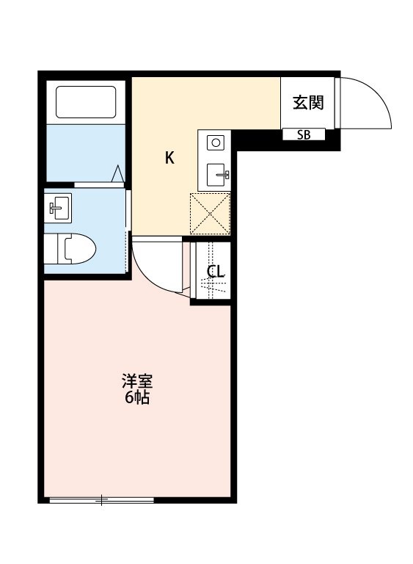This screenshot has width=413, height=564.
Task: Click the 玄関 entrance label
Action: point(308,103)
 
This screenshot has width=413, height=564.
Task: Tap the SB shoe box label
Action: point(304,135)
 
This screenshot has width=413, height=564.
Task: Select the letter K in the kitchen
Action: point(169,158)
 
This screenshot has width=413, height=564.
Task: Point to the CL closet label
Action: point(216,271)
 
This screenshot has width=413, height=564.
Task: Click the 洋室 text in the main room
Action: point(137,381)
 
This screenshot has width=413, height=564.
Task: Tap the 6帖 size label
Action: point(137,397)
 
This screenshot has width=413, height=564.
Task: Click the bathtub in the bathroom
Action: point(86,102)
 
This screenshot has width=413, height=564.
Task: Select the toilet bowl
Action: point(80,248)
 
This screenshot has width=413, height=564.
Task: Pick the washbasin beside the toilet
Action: point(58,208)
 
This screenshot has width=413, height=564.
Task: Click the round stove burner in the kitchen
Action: point(216,142)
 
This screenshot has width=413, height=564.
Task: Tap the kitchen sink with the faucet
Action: point(216,175)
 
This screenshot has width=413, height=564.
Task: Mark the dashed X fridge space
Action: point(210,214)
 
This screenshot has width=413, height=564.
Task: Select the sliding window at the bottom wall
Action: point(102,500)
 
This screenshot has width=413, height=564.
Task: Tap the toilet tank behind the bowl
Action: point(51,249)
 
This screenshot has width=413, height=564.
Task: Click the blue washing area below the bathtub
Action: point(86,153)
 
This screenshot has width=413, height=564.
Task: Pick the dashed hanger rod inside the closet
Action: point(211,270)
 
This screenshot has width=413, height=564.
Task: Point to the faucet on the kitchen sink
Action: point(223,175)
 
